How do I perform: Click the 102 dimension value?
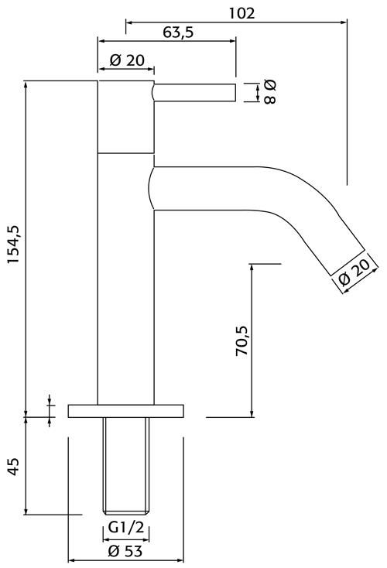pos(241,13)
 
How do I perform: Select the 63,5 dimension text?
pos(178,33)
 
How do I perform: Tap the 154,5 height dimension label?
pos(15,245)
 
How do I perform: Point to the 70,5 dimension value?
pos(241,340)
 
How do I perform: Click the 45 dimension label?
pos(13,467)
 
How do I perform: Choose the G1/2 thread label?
pos(125,528)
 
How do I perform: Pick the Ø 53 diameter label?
pos(125,551)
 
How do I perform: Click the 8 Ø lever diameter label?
pos(270,92)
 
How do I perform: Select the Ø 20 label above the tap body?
pos(127,60)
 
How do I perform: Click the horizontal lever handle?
pos(194,92)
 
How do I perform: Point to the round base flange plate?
pos(125,411)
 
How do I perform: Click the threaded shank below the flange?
pos(125,466)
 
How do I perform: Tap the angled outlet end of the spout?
pos(348,262)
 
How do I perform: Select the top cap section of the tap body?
pos(125,117)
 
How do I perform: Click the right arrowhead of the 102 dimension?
pos(344,22)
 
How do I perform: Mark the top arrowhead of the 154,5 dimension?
pos(26,84)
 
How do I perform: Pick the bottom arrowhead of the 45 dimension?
pos(26,511)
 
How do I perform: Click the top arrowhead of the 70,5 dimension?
pos(252,268)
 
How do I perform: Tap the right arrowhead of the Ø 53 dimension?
pos(180,560)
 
